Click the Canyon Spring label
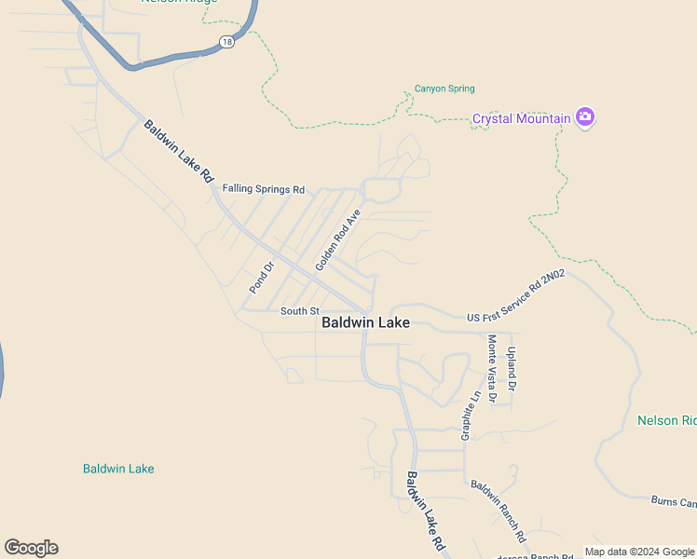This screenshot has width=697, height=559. [444, 89]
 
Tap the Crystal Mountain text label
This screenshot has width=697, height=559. [521, 118]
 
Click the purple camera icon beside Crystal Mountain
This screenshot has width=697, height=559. [585, 117]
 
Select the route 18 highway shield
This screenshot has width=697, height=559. [226, 42]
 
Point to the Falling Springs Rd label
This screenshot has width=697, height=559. [264, 189]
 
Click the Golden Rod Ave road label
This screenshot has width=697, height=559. [337, 240]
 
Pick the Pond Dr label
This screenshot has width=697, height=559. [262, 278]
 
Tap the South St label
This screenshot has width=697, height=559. [300, 311]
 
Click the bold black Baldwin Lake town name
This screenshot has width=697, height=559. [365, 323]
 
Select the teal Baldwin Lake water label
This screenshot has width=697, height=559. [118, 469]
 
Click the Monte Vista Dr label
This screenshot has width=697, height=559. [492, 368]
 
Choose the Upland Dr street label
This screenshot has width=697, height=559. [512, 368]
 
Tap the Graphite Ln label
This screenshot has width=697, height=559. [470, 415]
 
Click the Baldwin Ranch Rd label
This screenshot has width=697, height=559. [498, 511]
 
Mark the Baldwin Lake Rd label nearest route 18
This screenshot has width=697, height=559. [179, 151]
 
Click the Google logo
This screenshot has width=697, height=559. [31, 548]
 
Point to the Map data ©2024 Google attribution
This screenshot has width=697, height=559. [640, 552]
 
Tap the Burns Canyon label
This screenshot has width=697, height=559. [674, 503]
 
